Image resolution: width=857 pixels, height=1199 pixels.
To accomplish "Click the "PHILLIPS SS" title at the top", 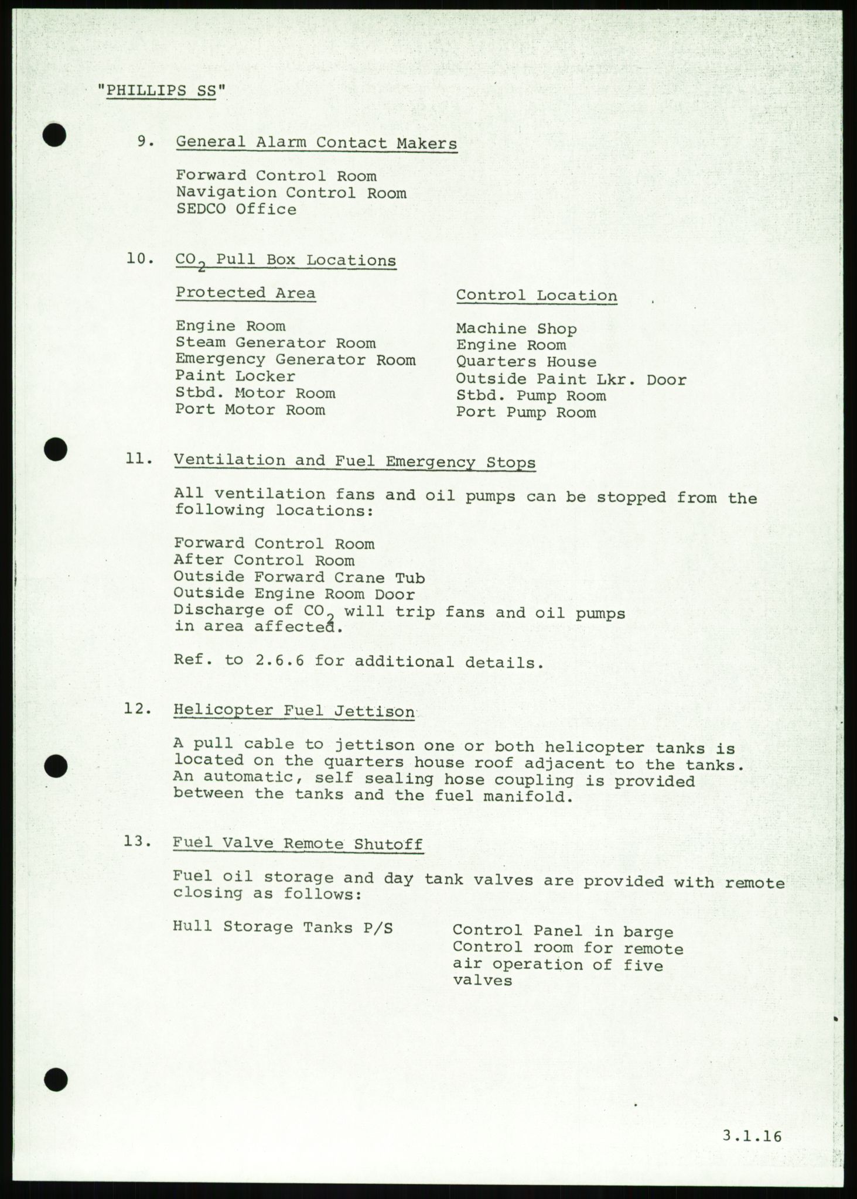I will (x=161, y=91).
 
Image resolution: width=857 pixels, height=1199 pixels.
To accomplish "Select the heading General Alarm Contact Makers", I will (x=316, y=142).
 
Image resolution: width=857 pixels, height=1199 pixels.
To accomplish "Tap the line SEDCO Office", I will (x=236, y=209).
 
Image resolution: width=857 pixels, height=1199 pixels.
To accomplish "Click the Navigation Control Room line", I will (x=291, y=193).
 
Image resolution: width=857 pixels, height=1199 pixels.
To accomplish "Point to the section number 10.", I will (x=140, y=258).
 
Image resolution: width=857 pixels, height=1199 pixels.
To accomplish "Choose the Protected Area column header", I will (x=245, y=293).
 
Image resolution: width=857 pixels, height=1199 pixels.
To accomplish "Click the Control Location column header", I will (x=537, y=296).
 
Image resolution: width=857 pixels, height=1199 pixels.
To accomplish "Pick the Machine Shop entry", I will (x=516, y=329).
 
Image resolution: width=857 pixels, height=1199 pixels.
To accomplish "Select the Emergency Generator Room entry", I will (x=295, y=359).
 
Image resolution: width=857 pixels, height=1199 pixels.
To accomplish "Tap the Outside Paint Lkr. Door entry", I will (x=571, y=379).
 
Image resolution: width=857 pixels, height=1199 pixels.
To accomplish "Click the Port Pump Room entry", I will (x=525, y=412).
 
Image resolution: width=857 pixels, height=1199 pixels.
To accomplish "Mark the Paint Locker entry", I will (x=235, y=376).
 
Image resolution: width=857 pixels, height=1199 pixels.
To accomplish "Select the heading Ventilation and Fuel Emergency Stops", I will (x=354, y=462).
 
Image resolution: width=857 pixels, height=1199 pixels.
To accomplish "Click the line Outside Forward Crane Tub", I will (x=299, y=577).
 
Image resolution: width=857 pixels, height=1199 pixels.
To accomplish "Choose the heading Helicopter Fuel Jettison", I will (x=293, y=711).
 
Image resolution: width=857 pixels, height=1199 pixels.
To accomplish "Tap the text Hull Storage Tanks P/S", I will (x=283, y=927).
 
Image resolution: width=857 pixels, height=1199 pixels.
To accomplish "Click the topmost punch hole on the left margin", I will (x=54, y=136).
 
